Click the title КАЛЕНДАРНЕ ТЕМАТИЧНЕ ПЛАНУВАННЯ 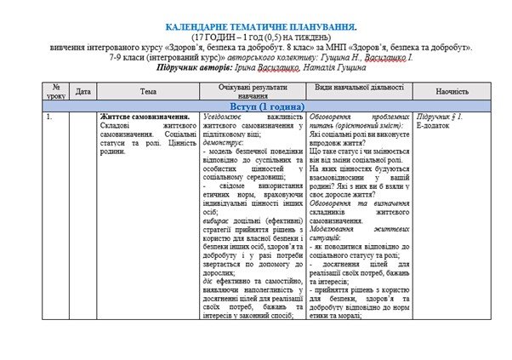click(255, 27)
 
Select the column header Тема click(148, 90)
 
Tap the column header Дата click(83, 90)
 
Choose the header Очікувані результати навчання click(253, 90)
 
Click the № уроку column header click(56, 90)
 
